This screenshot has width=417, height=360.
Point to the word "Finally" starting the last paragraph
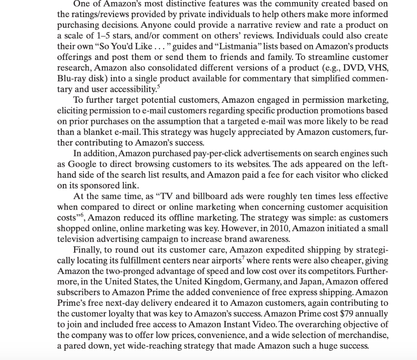click(x=87, y=250)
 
